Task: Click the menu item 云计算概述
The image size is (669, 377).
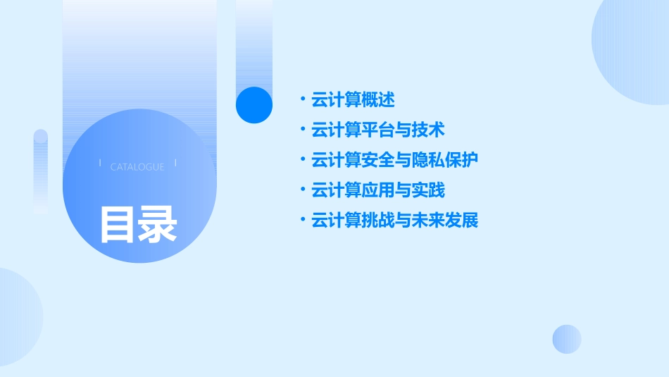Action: (x=353, y=100)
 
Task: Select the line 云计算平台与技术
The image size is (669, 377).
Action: (x=377, y=130)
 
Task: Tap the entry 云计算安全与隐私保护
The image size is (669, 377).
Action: (x=394, y=160)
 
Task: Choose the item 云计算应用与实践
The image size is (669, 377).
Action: (x=377, y=190)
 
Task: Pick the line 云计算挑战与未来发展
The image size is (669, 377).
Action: (x=394, y=221)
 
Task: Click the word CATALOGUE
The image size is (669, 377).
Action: (x=137, y=167)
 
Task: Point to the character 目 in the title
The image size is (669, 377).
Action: (x=118, y=225)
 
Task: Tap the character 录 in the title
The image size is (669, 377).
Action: (x=158, y=225)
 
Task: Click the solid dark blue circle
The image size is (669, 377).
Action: (x=254, y=105)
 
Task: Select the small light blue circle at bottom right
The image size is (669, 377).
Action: (x=567, y=339)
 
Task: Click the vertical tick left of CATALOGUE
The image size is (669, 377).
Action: (x=100, y=163)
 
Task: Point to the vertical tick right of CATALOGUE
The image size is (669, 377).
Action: (x=175, y=163)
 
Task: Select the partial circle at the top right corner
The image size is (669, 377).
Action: (x=634, y=49)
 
